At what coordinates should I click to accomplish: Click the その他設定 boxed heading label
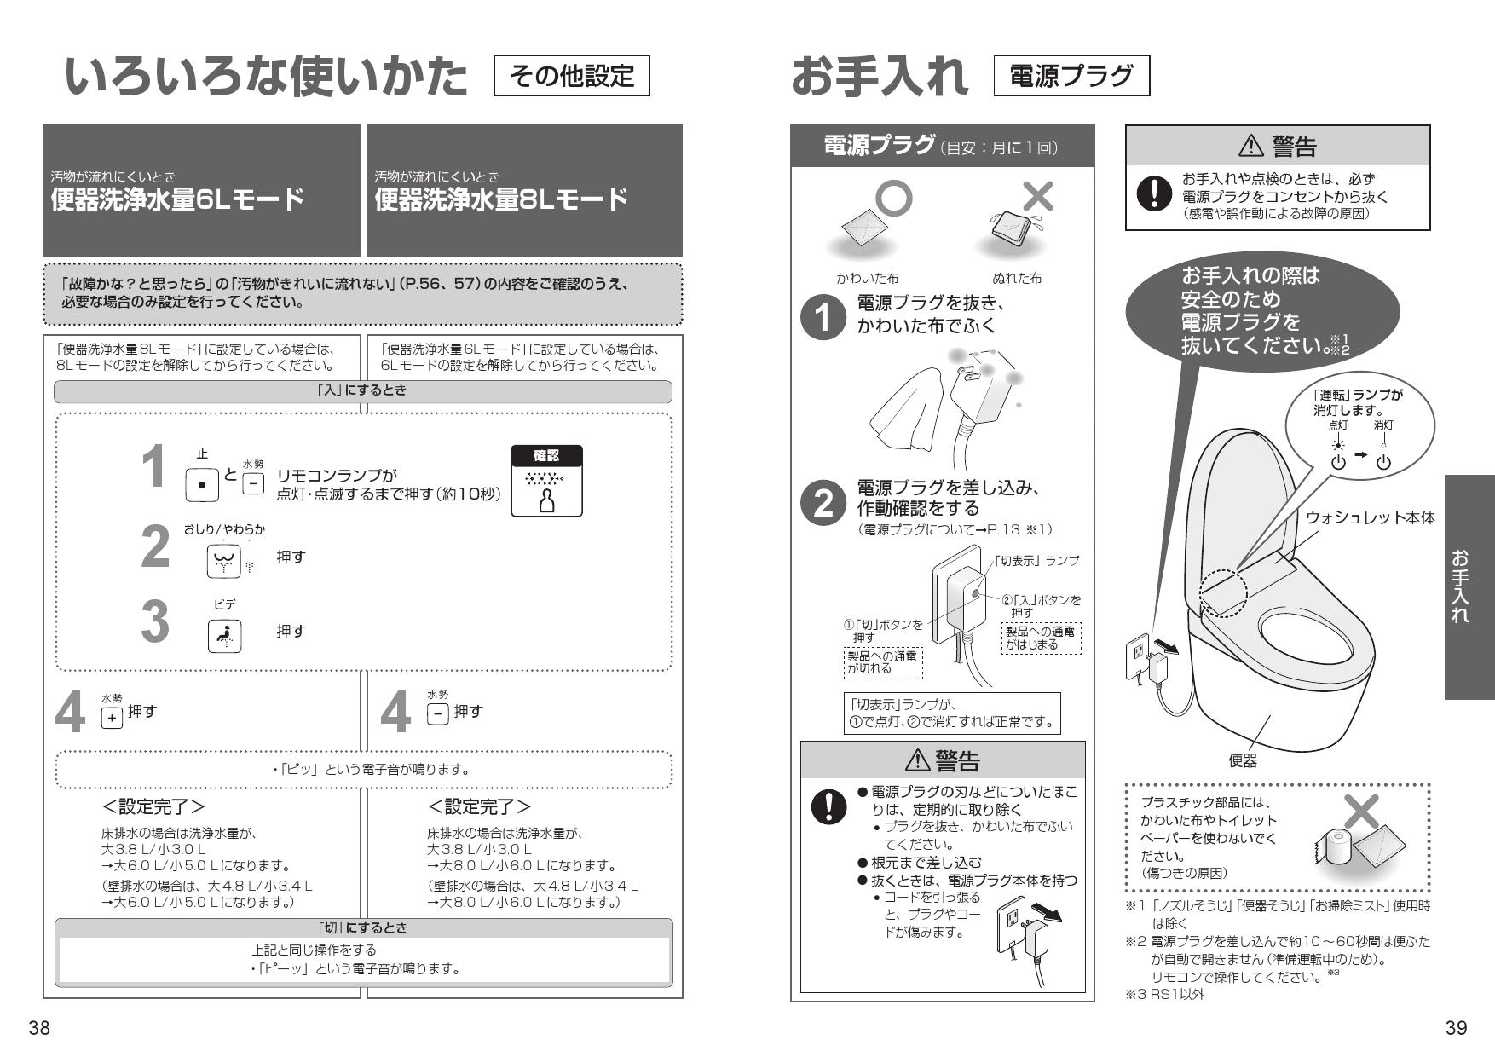coord(572,77)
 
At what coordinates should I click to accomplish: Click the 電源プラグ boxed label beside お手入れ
coord(1071,77)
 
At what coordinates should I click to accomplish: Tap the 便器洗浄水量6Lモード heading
coord(177,200)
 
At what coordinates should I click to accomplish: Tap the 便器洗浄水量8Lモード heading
coord(501,200)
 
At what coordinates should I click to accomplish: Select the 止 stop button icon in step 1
coord(202,484)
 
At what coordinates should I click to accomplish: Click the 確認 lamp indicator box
coord(546,482)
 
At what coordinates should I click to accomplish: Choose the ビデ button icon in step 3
coord(224,636)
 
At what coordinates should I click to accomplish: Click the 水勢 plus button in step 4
coord(112,718)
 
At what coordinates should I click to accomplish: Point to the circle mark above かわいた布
coord(893,198)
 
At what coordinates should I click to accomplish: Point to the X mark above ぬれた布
coord(1037,197)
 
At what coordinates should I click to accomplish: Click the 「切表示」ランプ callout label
coord(1037,560)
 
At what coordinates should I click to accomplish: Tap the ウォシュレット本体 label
coord(1370,517)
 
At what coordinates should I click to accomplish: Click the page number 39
coord(1456,1028)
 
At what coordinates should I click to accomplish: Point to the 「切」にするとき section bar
coord(364,927)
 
